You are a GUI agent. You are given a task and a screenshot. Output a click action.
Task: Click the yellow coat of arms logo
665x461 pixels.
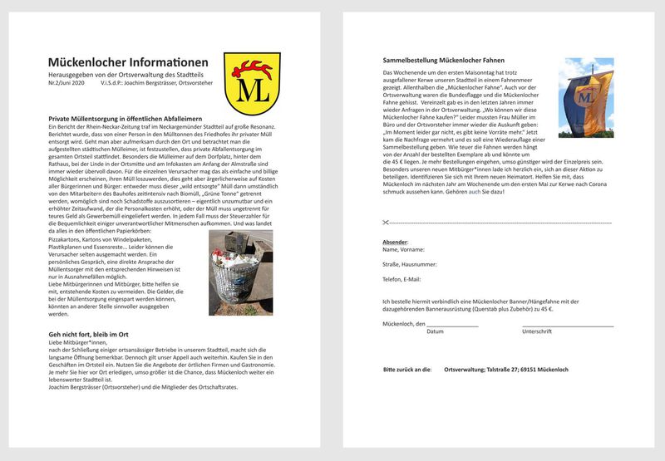coord(246,83)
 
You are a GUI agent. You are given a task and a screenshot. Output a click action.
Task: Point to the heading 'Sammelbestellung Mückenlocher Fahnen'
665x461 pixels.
coord(443,61)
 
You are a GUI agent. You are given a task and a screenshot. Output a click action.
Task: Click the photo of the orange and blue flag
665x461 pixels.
coord(586,97)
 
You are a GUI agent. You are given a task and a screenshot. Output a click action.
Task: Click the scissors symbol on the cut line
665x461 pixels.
coord(387,222)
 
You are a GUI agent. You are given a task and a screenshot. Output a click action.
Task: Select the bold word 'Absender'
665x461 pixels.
coord(395,242)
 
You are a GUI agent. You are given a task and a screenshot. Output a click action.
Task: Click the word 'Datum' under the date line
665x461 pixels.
coord(435,331)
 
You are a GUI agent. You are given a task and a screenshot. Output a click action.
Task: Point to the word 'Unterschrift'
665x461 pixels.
coord(537,331)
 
